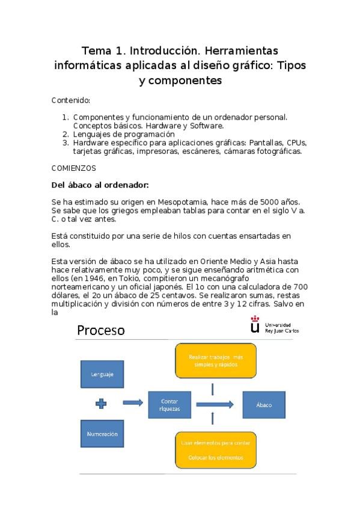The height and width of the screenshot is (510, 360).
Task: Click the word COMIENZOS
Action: (74, 168)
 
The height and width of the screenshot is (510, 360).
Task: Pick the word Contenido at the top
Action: (71, 100)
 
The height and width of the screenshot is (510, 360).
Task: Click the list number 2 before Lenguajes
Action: (66, 134)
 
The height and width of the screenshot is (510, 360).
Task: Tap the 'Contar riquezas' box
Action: (170, 404)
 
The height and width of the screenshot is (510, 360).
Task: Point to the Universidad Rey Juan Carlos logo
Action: (275, 327)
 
